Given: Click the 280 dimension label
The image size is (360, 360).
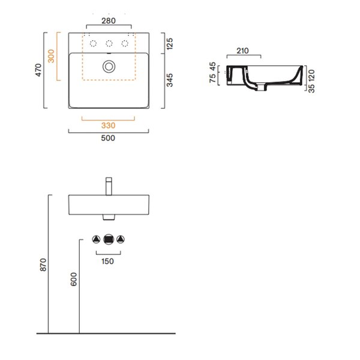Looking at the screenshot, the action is pos(109,21).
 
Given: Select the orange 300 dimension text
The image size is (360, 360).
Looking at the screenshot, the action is pos(51,56).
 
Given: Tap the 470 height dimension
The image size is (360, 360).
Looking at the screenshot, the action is pos(38,70).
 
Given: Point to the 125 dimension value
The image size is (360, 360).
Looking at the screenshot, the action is pos(170,44).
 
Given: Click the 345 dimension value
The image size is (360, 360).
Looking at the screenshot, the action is pos(170,80).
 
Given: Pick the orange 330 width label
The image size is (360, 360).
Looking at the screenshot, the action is pos(109,125).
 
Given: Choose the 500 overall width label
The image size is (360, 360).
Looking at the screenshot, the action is pos(108,138).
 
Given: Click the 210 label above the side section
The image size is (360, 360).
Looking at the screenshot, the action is pos(242,51).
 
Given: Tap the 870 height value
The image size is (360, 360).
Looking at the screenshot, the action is pos(43,265).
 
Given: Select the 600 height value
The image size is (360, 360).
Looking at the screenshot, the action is pos(74,279).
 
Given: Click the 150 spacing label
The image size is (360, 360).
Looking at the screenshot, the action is pos(107,261).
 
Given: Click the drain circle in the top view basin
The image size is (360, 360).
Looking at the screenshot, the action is pos(109,67).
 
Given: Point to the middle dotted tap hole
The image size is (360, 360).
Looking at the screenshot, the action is pos(109,43).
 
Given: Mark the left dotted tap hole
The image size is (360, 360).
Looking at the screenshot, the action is pos(93,43).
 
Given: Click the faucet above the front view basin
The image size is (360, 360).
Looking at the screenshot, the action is pos(109,186).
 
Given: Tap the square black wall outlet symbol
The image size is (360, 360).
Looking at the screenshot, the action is pos(109,239).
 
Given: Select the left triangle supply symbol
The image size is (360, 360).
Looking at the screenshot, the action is pos(96,239).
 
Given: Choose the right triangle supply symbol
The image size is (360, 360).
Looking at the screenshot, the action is pos(121,239).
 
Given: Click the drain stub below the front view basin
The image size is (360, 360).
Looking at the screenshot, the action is pos(109,217).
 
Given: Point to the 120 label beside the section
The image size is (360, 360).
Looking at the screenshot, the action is pos(311,76).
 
